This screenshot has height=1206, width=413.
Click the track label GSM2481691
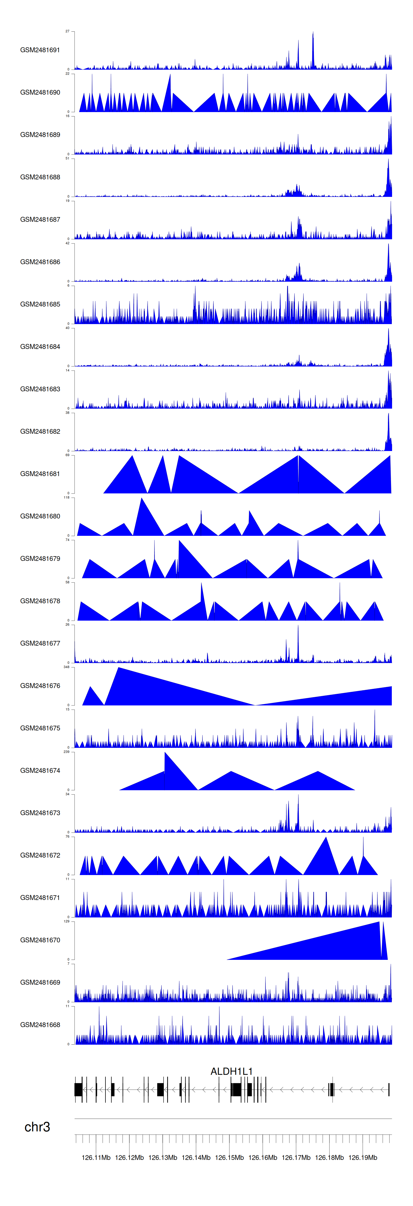tap(40, 50)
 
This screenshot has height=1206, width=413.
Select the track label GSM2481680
tap(40, 516)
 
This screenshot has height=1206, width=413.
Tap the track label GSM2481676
tap(40, 685)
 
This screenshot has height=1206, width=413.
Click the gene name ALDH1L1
tap(231, 1071)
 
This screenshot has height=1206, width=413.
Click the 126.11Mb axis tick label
tap(96, 1157)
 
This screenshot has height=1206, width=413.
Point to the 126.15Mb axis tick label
tap(229, 1157)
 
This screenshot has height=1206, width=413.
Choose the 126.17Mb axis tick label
tap(296, 1157)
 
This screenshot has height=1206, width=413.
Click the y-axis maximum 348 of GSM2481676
tap(66, 667)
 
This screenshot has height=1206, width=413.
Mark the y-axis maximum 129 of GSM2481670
tap(66, 921)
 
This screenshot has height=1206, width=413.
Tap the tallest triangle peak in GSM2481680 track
tap(142, 499)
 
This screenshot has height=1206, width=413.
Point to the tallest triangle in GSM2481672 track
tap(326, 838)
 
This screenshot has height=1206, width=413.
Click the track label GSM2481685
tap(40, 304)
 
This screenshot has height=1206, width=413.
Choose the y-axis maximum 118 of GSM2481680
tap(66, 497)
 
